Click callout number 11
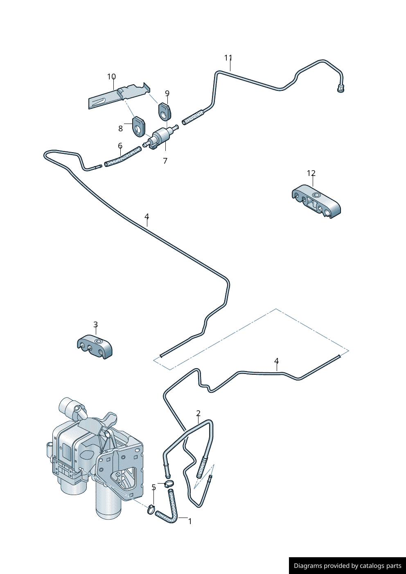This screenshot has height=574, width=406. click(228, 58)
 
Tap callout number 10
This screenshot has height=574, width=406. click(111, 77)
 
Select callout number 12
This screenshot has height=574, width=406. click(311, 173)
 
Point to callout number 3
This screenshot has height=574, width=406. click(95, 325)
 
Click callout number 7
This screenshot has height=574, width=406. click(165, 161)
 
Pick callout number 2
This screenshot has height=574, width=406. click(198, 414)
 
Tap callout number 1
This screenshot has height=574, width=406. click(190, 522)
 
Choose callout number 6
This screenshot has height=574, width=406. click(120, 146)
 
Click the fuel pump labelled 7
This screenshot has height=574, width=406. click(160, 136)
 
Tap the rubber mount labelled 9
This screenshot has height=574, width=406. click(164, 111)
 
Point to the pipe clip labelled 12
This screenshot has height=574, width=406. click(316, 201)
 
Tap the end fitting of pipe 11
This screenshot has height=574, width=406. click(341, 88)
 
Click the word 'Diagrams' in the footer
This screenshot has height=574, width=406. click(308, 566)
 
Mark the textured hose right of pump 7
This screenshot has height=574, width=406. click(192, 117)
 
